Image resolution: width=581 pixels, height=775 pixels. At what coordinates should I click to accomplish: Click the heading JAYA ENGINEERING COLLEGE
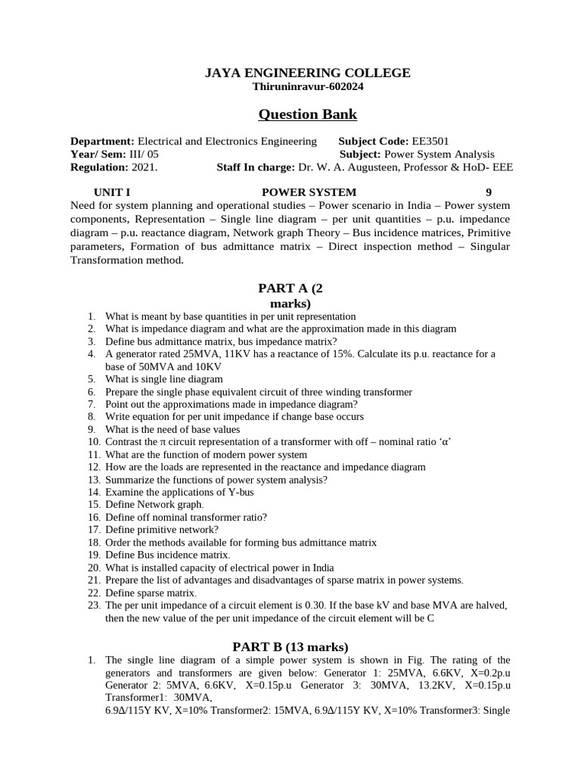click(x=308, y=73)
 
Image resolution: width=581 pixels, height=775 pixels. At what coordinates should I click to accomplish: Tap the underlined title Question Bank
click(x=308, y=114)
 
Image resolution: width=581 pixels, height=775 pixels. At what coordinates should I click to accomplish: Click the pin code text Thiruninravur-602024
click(x=308, y=86)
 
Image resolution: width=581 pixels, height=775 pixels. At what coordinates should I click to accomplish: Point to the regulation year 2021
click(x=144, y=167)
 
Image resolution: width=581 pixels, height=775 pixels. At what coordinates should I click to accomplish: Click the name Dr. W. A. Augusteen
click(x=340, y=167)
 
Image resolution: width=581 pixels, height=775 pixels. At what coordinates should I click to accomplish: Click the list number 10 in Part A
click(x=94, y=441)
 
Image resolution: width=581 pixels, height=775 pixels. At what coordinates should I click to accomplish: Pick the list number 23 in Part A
click(x=94, y=605)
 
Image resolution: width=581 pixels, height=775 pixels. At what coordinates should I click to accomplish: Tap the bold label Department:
click(x=102, y=142)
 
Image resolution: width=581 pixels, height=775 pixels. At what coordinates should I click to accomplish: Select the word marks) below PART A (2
click(x=290, y=303)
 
